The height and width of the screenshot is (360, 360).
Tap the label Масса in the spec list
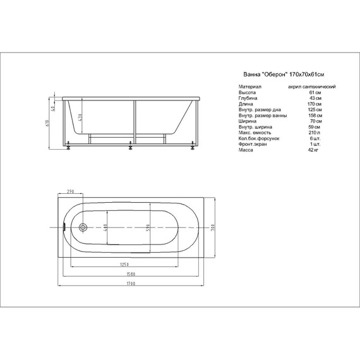[246, 149]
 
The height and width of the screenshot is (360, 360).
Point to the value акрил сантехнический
[311, 86]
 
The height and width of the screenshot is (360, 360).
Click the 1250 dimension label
[124, 263]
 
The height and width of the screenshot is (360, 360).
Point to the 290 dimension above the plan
[69, 191]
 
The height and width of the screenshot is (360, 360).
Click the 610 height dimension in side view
[47, 123]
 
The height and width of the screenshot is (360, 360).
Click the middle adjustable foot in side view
[131, 149]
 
